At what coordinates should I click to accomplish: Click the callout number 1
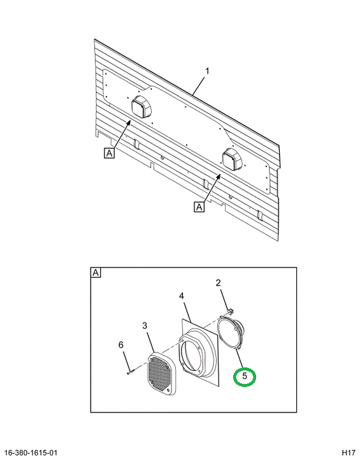click(x=207, y=71)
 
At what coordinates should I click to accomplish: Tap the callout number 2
click(x=219, y=283)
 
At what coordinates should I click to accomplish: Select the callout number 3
click(x=145, y=326)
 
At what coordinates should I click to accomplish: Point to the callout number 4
click(x=182, y=296)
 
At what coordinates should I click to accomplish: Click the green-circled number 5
click(x=245, y=376)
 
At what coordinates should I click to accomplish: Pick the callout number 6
click(x=121, y=345)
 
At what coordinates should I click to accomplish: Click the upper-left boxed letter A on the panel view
click(x=109, y=153)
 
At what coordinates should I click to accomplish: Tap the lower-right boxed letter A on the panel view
click(x=199, y=207)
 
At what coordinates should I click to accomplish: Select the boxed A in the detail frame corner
click(x=96, y=273)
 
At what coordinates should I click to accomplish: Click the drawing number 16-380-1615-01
click(x=31, y=453)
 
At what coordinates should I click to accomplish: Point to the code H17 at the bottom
click(x=349, y=453)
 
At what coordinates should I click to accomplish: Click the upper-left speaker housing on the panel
click(x=141, y=106)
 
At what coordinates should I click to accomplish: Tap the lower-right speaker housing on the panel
click(x=233, y=159)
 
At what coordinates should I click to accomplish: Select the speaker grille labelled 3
click(x=161, y=374)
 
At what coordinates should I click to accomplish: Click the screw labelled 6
click(x=131, y=372)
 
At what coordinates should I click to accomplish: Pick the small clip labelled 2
click(x=231, y=310)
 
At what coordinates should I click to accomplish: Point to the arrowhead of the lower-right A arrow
click(x=219, y=177)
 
